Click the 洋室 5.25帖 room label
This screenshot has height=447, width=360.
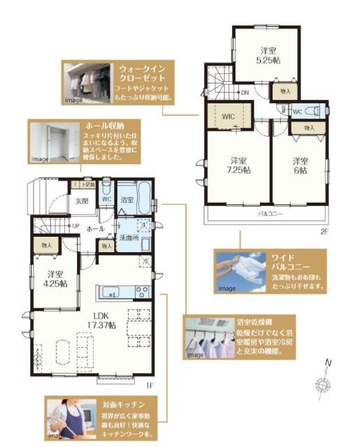coord(268,55)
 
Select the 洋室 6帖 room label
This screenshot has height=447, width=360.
coord(300,166)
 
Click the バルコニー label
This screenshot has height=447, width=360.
coord(268,212)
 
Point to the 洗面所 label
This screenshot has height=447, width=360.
coord(126,237)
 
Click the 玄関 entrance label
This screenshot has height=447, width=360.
coord(82,202)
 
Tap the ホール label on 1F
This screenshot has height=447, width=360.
coord(95,228)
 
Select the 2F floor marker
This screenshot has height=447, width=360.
coord(323,230)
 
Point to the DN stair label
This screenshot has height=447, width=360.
coord(245,92)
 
